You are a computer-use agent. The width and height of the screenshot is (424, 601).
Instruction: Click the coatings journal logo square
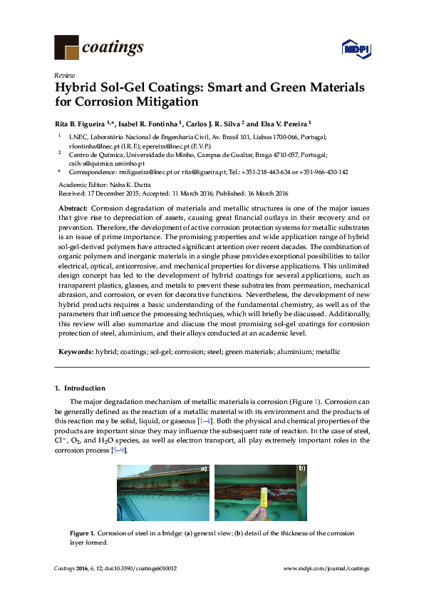[67, 47]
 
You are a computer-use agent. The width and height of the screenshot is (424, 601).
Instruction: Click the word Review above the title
[63, 74]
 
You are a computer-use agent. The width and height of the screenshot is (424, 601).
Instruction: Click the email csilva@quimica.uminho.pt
[94, 163]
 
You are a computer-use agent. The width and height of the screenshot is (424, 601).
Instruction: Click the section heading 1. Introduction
[81, 388]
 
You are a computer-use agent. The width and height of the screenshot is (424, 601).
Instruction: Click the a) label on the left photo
[203, 469]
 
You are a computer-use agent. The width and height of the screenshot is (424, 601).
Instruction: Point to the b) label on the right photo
[301, 469]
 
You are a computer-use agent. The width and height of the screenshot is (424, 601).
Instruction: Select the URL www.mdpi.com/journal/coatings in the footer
[326, 568]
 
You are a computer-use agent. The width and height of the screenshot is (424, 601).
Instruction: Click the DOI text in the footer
[144, 568]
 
